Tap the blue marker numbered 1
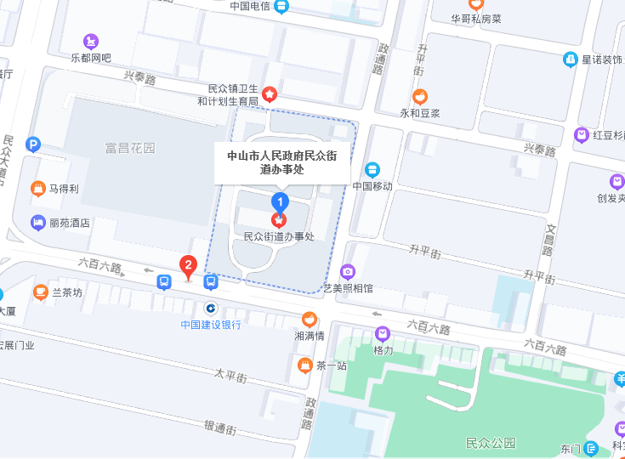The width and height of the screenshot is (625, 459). tap(279, 202)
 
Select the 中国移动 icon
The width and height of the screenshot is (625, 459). tap(372, 169)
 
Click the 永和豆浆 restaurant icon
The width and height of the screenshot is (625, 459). tap(419, 97)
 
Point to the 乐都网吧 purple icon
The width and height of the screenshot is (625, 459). tap(90, 41)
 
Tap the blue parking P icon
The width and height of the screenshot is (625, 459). tap(33, 144)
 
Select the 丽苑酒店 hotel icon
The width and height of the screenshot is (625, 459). tap(37, 223)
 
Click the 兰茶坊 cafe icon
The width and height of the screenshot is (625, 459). tap(40, 292)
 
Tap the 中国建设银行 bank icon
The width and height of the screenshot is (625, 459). tap(210, 308)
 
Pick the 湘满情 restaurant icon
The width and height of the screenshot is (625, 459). tap(310, 320)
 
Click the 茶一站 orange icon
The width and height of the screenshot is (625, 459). tap(304, 365)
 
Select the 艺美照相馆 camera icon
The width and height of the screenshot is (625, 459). tap(347, 272)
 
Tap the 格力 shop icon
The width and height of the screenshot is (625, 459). tap(383, 334)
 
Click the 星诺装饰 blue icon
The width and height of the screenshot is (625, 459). tap(570, 59)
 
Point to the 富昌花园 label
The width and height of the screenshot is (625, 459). tap(130, 148)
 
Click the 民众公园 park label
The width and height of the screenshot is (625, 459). tap(491, 443)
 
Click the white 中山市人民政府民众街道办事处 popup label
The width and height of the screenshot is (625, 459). tap(281, 161)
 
